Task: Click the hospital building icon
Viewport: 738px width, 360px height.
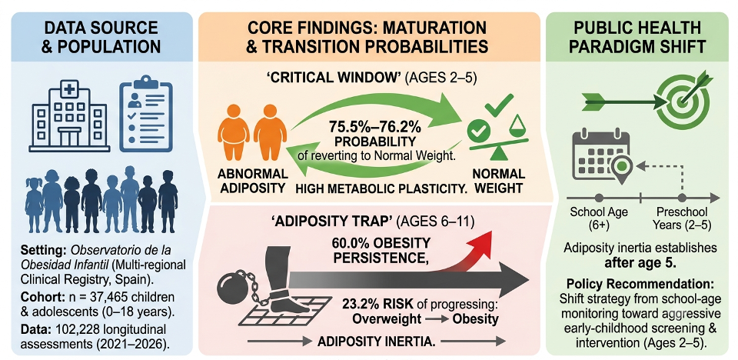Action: coord(69,115)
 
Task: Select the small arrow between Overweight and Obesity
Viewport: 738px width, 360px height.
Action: coord(437,319)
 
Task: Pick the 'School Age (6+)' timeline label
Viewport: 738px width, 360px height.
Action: coord(599,218)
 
